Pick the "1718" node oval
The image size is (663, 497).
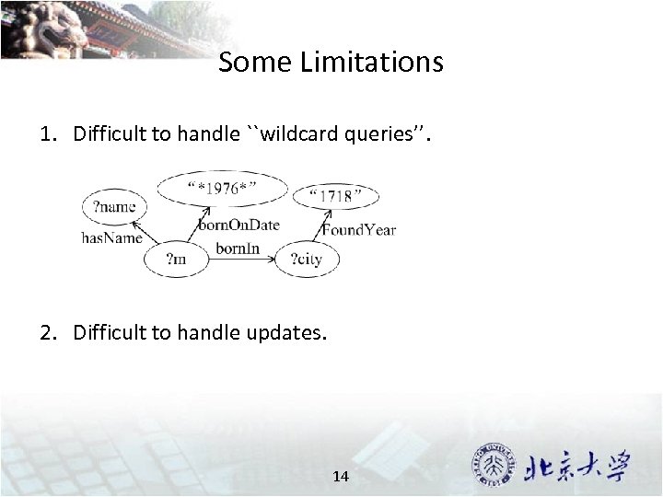[335, 196]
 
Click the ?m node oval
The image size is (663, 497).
[175, 260]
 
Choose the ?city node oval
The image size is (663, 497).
[307, 260]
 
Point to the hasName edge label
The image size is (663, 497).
[111, 237]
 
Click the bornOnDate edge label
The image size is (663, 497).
[238, 225]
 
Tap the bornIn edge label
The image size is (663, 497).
[238, 248]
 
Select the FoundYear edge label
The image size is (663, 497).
[358, 229]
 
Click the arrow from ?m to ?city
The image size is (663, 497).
[241, 260]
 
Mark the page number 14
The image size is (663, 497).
[340, 476]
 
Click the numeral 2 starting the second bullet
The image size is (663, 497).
[45, 332]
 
